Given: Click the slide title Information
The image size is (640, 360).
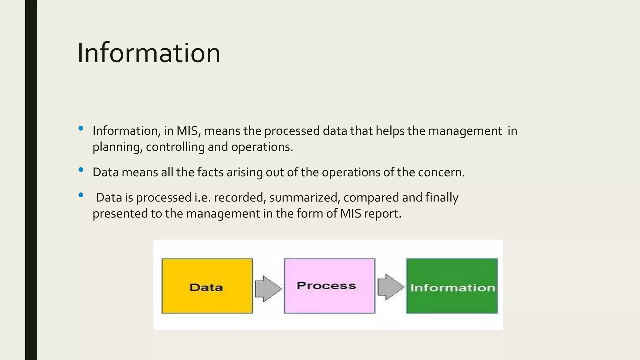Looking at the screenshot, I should [x=149, y=53].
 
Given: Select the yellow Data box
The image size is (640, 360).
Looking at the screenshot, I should [x=207, y=286].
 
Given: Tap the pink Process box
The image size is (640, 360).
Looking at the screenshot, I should [x=329, y=286].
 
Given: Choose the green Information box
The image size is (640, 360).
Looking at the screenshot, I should [x=452, y=286].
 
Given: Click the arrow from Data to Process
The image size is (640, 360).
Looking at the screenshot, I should [x=268, y=289].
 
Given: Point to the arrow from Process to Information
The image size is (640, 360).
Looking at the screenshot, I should [x=390, y=287].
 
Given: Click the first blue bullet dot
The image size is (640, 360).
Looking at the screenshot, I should [x=81, y=128].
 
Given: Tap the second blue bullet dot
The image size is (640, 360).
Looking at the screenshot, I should [x=81, y=170].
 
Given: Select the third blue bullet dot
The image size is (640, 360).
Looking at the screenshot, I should [x=81, y=195].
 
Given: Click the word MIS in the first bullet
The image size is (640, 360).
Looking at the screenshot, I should [x=187, y=131].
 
